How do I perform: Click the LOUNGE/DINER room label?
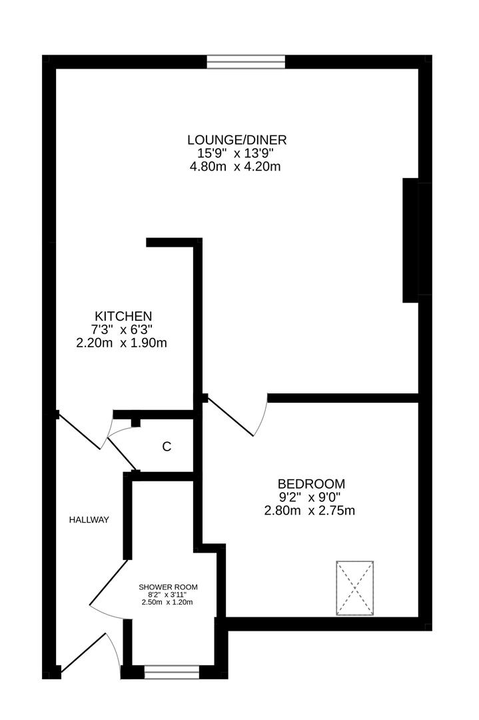(237, 140)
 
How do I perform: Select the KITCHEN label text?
(123, 316)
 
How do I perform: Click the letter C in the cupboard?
(167, 447)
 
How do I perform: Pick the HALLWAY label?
(89, 520)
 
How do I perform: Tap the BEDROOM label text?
(311, 484)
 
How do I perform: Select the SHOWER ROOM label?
(168, 587)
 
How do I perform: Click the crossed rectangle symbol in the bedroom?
(354, 589)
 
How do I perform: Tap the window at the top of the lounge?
(246, 62)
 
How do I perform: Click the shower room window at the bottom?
(172, 673)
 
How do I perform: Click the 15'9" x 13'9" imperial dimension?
(236, 153)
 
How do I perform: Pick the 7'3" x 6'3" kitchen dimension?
(124, 329)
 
